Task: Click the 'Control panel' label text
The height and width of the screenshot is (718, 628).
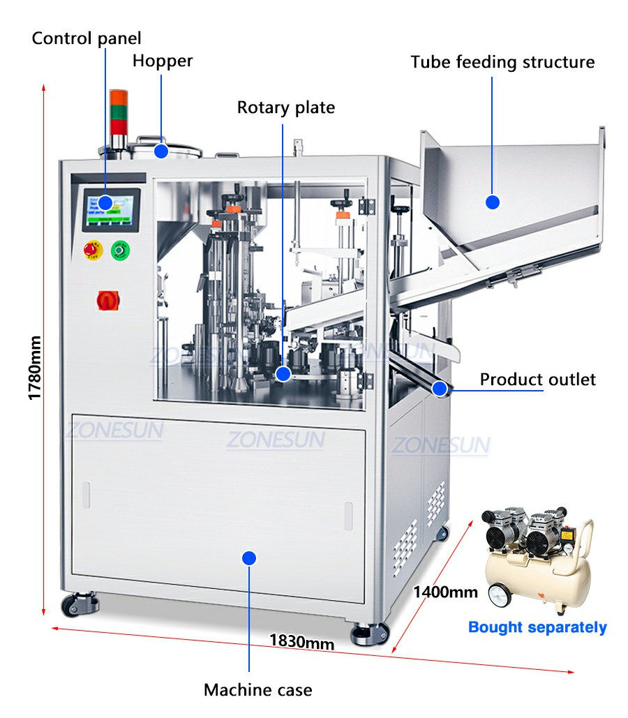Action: point(86,38)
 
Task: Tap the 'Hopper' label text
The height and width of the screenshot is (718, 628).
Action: point(163,61)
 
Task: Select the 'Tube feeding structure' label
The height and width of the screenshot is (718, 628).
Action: point(502,62)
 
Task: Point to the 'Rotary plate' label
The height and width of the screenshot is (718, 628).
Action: point(286,108)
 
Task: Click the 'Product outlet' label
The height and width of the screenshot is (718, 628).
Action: point(538,380)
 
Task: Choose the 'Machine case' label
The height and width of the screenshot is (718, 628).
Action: point(258,689)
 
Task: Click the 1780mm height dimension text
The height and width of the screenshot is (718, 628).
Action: point(35,368)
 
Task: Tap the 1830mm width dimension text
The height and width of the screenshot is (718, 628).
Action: point(302,641)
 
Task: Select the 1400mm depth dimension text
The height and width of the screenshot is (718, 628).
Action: point(445,592)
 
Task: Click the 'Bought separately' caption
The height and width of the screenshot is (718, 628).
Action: point(537,627)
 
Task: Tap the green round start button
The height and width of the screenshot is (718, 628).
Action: point(120,250)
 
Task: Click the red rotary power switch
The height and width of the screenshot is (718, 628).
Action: point(108,300)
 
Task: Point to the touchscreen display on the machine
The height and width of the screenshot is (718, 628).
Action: point(112,210)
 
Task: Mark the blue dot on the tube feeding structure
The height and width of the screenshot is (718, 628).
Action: point(493,202)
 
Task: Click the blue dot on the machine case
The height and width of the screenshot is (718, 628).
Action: point(249,558)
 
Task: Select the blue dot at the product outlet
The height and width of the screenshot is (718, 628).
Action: point(440,389)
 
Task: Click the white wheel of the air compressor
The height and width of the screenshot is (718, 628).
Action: point(500,596)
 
